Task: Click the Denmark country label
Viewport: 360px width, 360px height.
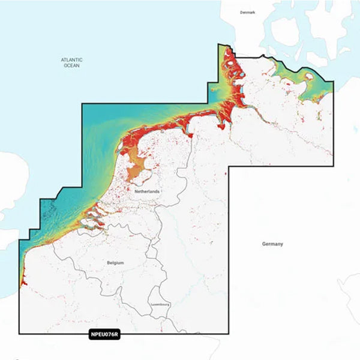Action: click(247, 12)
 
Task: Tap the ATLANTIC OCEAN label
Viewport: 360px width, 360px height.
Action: click(71, 62)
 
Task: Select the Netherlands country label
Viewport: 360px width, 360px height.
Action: click(148, 191)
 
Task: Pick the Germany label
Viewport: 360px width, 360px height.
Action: click(272, 244)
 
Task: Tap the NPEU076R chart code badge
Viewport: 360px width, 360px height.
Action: click(104, 335)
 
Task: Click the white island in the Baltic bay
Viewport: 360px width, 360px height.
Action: click(309, 77)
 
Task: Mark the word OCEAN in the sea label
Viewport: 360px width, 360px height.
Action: click(71, 65)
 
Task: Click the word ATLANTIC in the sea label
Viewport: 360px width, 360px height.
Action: click(71, 59)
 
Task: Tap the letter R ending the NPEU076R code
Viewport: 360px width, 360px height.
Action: click(117, 335)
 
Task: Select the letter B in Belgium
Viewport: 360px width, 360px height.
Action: click(108, 263)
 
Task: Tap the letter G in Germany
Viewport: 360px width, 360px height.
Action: click(263, 244)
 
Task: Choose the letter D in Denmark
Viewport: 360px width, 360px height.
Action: click(241, 12)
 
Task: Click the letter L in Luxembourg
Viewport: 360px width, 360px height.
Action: click(152, 305)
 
